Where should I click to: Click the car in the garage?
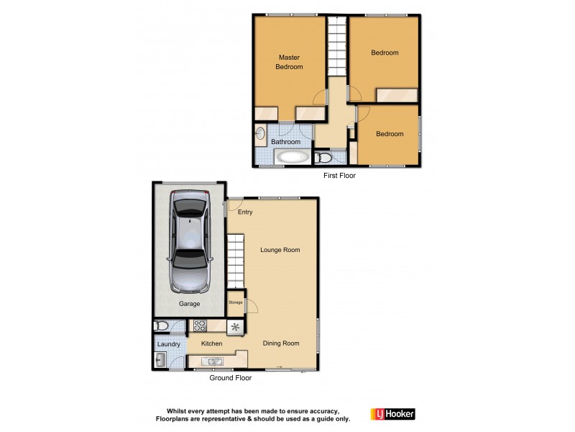(x=189, y=241)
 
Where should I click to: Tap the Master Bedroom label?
(x=289, y=62)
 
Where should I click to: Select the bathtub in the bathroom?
(x=292, y=157)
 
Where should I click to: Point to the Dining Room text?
(x=281, y=343)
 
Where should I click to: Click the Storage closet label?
(x=236, y=302)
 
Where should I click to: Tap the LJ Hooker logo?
(x=392, y=414)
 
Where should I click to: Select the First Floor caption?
(x=339, y=175)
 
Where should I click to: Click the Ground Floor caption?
(x=229, y=378)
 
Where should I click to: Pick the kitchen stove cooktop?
(x=198, y=326)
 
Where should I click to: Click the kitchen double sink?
(x=212, y=361)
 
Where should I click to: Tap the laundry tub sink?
(x=160, y=361)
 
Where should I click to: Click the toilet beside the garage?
(x=162, y=326)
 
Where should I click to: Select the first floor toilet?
(x=323, y=158)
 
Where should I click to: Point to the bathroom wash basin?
(x=261, y=133)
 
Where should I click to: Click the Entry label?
(x=245, y=212)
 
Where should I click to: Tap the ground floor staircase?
(x=236, y=261)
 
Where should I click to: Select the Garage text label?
(x=190, y=304)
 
